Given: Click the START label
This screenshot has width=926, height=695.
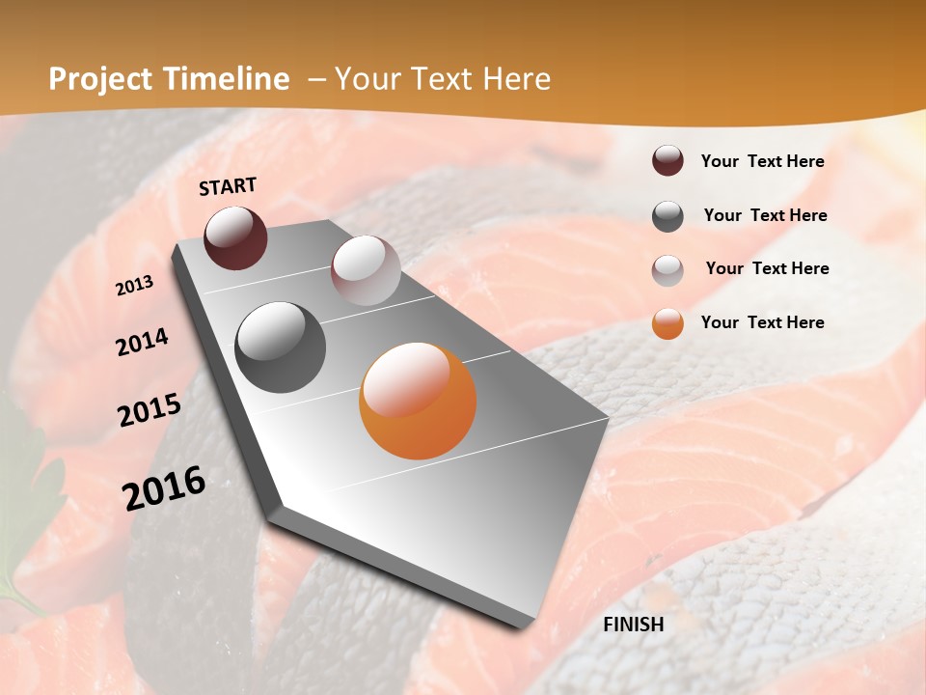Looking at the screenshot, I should point(228,186).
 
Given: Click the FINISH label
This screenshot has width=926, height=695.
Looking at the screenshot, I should point(634,625).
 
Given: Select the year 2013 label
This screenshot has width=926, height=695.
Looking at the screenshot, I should point(135,286).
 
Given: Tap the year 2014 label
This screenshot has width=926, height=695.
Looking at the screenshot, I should point(142,343).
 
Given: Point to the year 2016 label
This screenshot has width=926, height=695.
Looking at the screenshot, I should point(164,488).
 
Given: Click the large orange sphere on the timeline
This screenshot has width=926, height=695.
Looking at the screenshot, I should point(418,401).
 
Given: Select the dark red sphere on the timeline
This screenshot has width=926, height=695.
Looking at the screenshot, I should point(235,237).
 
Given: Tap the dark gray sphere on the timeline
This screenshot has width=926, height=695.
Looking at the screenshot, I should point(281,347).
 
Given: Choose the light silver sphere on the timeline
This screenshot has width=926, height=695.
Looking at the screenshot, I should point(366,270).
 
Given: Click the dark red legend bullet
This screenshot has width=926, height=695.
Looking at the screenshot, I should point(667,161).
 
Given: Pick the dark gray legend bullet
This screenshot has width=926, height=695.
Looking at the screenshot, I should point(667,216).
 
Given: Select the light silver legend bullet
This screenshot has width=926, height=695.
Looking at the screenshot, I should point(667,269).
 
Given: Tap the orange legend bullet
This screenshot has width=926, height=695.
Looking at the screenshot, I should point(667,323).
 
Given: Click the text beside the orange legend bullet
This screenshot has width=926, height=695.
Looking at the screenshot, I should point(763,322).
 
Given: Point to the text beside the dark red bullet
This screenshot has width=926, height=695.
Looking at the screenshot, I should point(763,161).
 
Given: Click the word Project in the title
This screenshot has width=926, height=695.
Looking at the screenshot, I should point(100,79).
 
